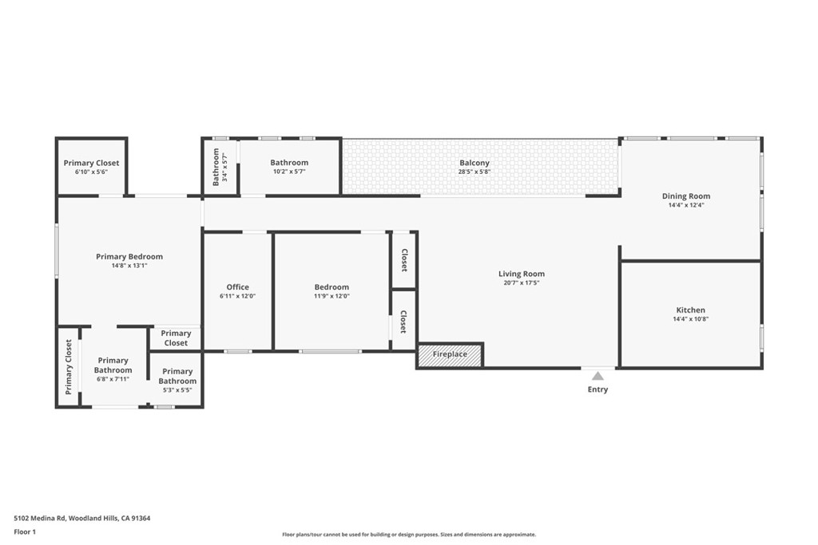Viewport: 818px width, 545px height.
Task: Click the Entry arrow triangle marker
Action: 598,375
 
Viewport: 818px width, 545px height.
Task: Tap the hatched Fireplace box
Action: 450,355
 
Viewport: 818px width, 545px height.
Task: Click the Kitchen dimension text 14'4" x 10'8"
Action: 690,319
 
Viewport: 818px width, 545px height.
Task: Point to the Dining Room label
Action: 685,196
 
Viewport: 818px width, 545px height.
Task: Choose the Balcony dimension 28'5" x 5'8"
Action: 475,172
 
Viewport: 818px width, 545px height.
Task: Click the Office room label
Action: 237,287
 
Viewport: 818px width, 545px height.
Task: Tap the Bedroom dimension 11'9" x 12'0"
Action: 332,296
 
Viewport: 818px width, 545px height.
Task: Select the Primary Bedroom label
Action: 129,257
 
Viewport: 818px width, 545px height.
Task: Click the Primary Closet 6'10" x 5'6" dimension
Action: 91,172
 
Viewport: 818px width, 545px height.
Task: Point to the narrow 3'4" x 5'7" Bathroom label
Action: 216,166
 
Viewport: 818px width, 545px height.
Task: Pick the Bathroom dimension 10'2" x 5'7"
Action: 289,172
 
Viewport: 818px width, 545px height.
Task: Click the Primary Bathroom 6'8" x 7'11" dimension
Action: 113,379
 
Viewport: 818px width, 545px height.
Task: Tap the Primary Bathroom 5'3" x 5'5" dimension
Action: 177,390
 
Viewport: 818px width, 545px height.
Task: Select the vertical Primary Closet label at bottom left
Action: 69,367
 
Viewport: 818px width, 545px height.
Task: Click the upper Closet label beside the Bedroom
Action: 404,260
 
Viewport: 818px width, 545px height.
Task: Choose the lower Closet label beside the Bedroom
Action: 403,322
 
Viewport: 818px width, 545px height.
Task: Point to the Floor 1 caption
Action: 27,531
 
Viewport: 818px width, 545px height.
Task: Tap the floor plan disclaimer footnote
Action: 408,535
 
